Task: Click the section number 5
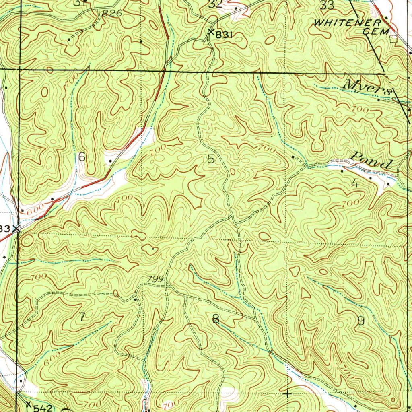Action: click(211, 159)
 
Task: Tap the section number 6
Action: click(82, 157)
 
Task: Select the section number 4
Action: click(355, 183)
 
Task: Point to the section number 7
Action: click(82, 317)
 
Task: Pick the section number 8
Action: click(216, 319)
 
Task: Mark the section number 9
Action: click(360, 321)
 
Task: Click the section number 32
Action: click(216, 4)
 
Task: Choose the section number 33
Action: click(328, 5)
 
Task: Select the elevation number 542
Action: click(43, 408)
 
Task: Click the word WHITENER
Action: click(347, 23)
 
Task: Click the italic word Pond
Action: click(372, 161)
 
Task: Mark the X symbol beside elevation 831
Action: click(210, 33)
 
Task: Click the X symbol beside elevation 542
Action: click(28, 404)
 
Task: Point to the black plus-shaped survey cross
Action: click(287, 394)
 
